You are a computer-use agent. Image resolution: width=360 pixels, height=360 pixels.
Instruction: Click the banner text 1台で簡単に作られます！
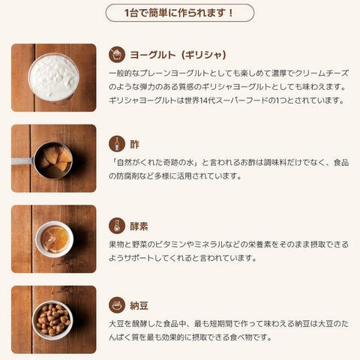pyautogui.click(x=179, y=13)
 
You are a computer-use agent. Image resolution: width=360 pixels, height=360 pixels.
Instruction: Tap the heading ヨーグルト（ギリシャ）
pyautogui.click(x=178, y=55)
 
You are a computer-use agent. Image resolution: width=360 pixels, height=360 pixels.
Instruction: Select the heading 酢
pyautogui.click(x=134, y=144)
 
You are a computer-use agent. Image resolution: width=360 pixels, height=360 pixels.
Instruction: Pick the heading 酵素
pyautogui.click(x=139, y=226)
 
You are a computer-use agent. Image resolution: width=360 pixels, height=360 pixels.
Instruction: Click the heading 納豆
pyautogui.click(x=139, y=306)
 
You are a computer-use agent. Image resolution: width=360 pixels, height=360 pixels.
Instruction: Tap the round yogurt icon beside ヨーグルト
pyautogui.click(x=117, y=55)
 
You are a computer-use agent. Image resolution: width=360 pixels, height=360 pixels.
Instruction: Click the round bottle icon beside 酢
pyautogui.click(x=117, y=144)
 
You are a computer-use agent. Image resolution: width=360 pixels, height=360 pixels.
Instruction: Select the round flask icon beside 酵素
pyautogui.click(x=117, y=226)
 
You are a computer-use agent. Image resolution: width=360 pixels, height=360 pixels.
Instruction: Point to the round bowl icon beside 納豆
pyautogui.click(x=117, y=305)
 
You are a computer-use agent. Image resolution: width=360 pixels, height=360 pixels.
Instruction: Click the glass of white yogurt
pyautogui.click(x=53, y=78)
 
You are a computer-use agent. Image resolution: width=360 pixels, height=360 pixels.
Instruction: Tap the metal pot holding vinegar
pyautogui.click(x=53, y=160)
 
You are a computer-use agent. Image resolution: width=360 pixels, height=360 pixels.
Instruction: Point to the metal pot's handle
pyautogui.click(x=22, y=161)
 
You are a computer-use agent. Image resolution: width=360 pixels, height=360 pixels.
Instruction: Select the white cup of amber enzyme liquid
pyautogui.click(x=55, y=239)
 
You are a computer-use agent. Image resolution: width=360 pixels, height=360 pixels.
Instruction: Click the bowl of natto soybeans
pyautogui.click(x=52, y=320)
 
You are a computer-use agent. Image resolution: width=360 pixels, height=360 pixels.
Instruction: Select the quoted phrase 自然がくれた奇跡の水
pyautogui.click(x=155, y=163)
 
